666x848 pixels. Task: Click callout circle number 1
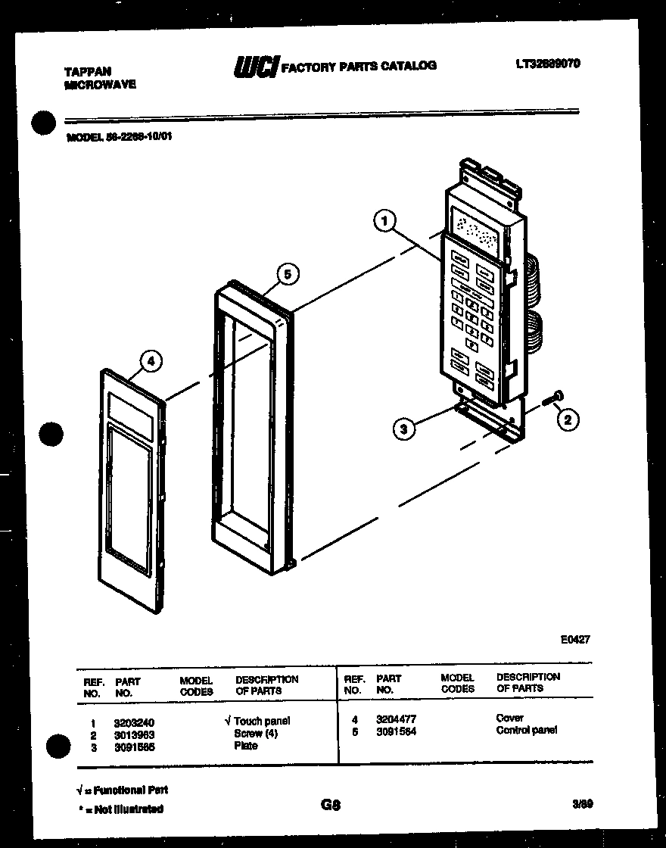pos(385,221)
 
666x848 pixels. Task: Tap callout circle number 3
pos(405,429)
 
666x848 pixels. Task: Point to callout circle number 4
pos(151,361)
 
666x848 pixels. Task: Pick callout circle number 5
pos(285,274)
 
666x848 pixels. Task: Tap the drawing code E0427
pos(575,639)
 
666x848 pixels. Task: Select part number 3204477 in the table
pos(396,719)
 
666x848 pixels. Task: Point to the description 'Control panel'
pos(527,731)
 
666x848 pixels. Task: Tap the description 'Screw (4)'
pos(256,734)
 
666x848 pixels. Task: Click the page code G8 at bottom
pos(330,806)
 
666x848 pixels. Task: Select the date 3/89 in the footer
pos(583,806)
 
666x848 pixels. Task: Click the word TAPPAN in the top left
pos(88,72)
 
